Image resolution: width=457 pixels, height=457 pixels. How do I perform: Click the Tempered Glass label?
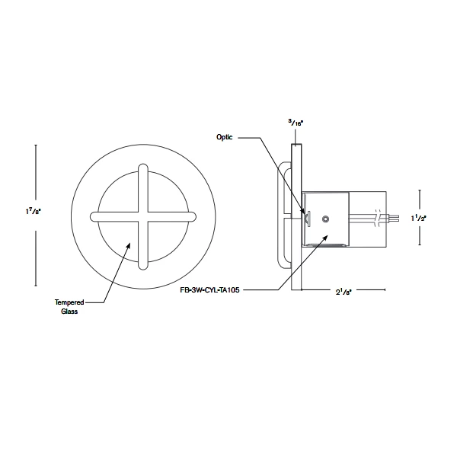point(66,307)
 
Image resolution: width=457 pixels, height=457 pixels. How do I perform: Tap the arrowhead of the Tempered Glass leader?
point(128,244)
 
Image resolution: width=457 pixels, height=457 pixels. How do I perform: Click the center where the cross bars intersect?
point(142,216)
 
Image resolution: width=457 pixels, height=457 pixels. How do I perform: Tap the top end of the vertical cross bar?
point(142,166)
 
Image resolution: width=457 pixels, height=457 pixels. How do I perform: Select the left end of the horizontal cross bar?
point(92,216)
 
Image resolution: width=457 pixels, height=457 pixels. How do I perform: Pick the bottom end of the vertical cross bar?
point(142,267)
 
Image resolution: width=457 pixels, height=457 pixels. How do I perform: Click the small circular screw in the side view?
point(325,219)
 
